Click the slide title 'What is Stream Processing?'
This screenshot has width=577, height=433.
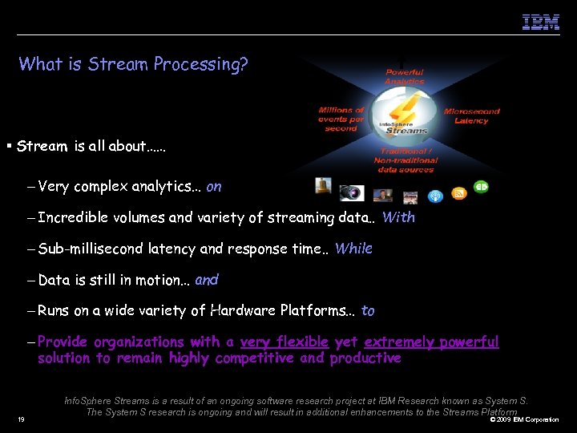(x=133, y=64)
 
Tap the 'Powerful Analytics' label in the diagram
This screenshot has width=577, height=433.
(x=404, y=77)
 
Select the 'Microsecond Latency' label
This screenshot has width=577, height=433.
(x=471, y=116)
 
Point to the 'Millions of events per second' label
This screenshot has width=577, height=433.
(x=341, y=119)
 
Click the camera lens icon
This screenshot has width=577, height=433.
(x=351, y=192)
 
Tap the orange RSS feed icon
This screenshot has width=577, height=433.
(x=459, y=192)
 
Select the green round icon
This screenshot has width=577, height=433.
(x=481, y=187)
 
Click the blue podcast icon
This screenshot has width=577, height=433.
(x=435, y=196)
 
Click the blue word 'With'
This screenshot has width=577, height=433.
(x=398, y=217)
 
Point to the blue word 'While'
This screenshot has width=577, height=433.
(x=353, y=249)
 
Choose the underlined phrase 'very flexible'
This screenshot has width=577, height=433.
(x=284, y=342)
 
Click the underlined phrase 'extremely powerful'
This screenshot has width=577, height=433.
(x=431, y=342)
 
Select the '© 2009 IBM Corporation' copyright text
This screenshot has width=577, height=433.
(x=524, y=419)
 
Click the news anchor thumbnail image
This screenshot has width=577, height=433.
(x=382, y=195)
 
